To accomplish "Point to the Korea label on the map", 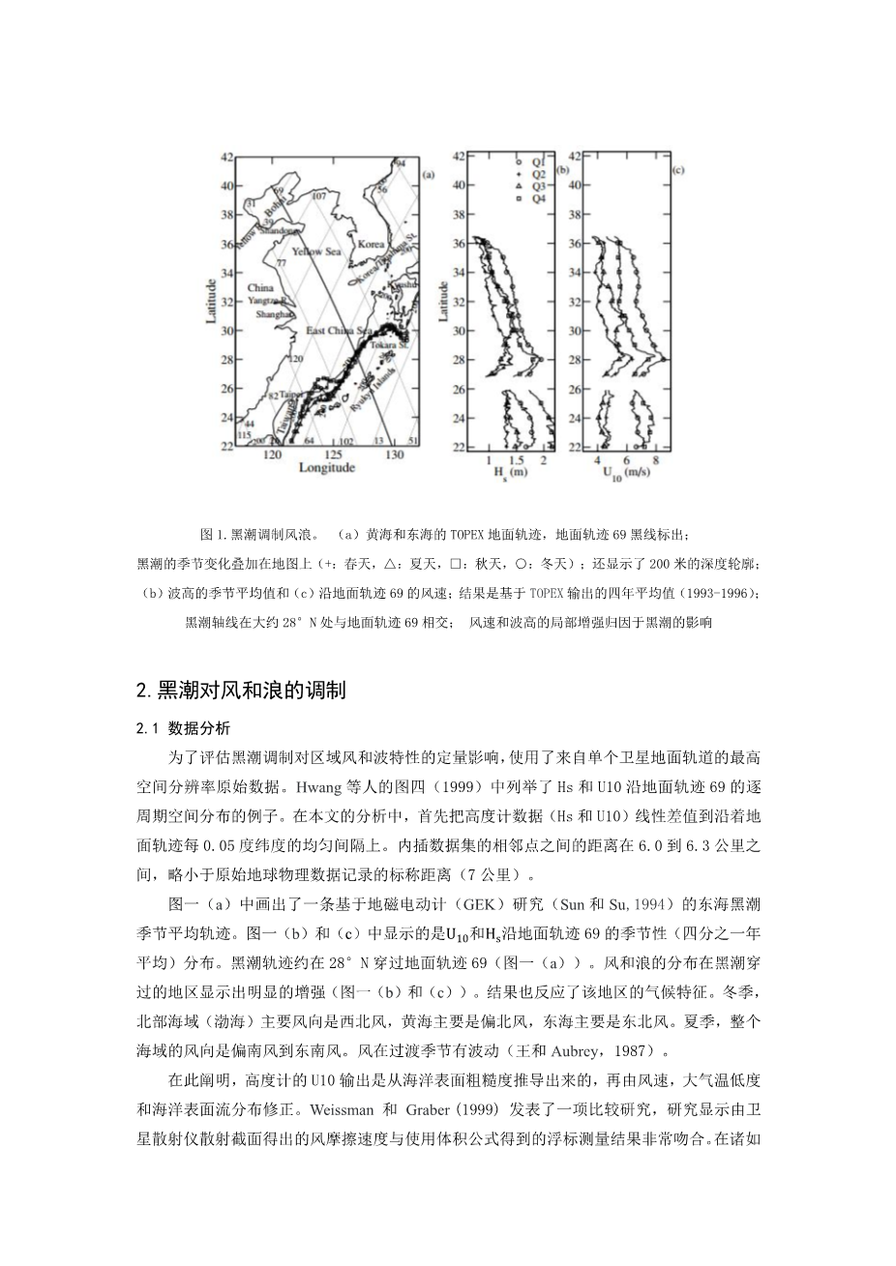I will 372,246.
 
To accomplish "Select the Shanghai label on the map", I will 269,314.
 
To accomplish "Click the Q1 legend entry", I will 535,162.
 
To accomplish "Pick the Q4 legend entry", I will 535,198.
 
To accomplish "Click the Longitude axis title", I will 326,468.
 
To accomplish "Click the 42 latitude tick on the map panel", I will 227,156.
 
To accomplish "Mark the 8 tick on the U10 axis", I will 655,459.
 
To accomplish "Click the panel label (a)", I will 429,175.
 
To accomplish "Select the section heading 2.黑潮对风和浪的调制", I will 241,690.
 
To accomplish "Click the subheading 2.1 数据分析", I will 184,728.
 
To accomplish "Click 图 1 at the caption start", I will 212,535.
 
